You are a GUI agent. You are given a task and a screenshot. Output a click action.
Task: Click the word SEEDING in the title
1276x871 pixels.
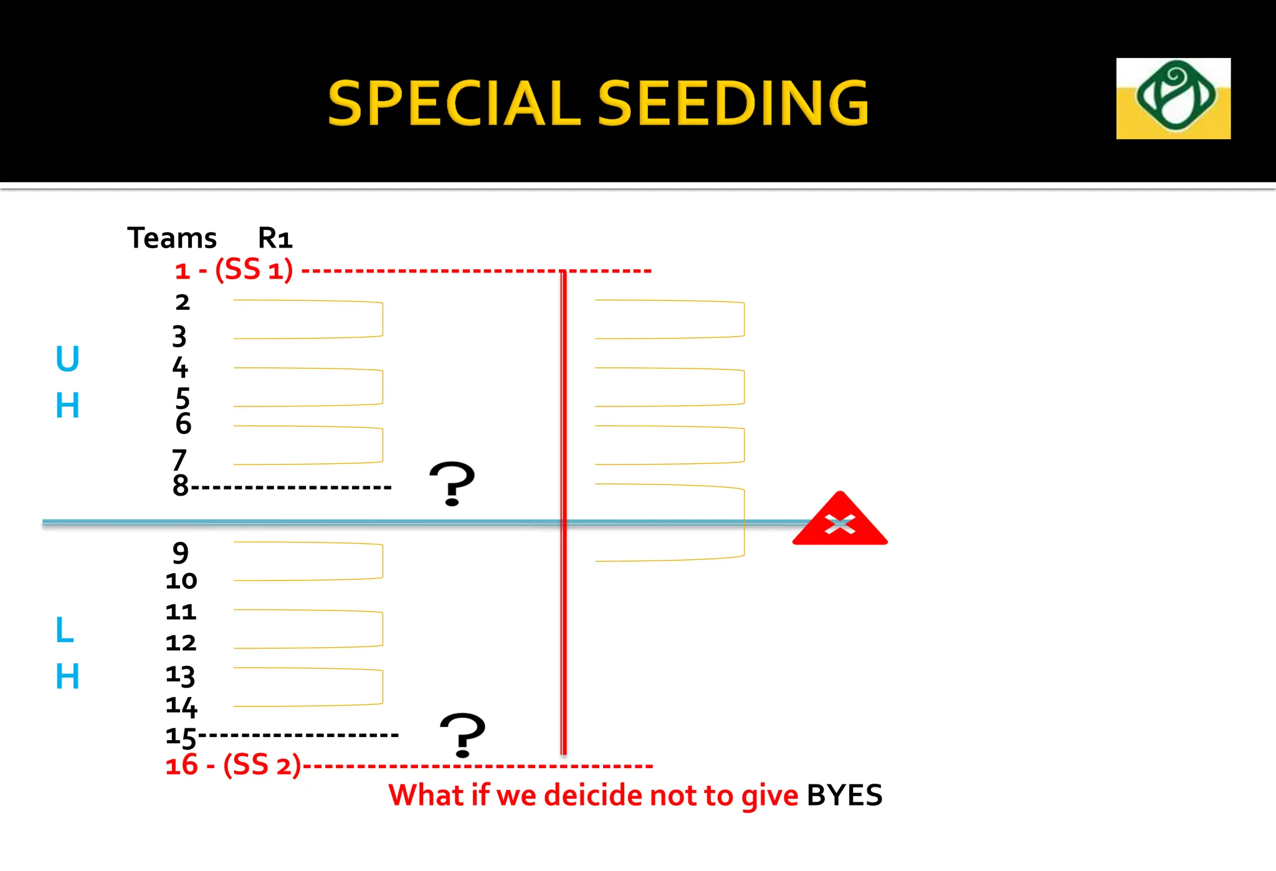click(x=733, y=103)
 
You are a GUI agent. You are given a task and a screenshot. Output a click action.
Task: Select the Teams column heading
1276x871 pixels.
click(x=172, y=238)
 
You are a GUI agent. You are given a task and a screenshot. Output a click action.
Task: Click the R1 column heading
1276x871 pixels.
click(x=275, y=238)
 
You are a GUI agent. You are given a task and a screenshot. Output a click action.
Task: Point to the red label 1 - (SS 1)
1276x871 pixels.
click(x=234, y=271)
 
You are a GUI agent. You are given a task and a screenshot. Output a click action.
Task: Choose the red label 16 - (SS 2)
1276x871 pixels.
click(x=233, y=765)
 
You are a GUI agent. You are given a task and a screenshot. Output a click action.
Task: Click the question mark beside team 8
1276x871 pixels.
click(x=452, y=483)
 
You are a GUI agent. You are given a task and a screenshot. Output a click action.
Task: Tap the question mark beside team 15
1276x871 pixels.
click(x=462, y=735)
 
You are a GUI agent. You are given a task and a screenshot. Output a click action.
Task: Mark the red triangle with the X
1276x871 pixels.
click(x=840, y=521)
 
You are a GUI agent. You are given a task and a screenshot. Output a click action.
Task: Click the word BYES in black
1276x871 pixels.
click(x=844, y=796)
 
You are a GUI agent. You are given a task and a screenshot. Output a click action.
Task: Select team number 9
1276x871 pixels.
click(x=181, y=552)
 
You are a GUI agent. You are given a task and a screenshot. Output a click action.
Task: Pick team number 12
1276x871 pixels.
click(x=181, y=643)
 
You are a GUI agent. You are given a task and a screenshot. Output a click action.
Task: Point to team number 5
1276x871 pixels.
click(x=182, y=398)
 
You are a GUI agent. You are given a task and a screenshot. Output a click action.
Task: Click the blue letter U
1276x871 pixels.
click(x=67, y=359)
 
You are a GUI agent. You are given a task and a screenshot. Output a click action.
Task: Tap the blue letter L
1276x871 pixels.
click(x=64, y=630)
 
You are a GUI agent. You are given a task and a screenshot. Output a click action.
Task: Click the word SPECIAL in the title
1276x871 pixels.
click(x=454, y=103)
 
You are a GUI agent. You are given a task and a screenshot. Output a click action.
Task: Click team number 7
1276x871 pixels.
click(x=179, y=460)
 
